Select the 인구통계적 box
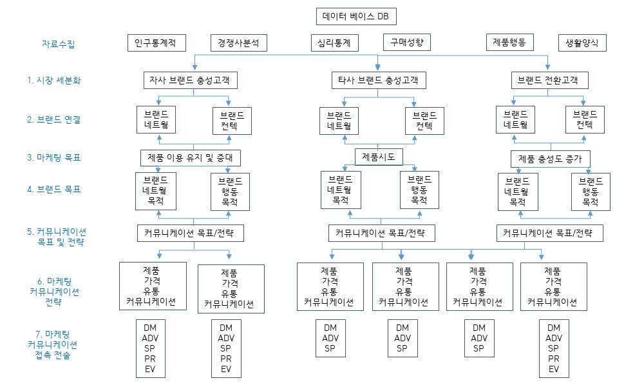point(156,43)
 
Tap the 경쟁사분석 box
point(238,43)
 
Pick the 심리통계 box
point(334,43)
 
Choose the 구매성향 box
point(406,42)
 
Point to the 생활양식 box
point(582,43)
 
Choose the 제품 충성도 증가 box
point(550,158)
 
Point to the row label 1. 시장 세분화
point(54,81)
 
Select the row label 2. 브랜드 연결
point(54,119)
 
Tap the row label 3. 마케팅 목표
point(54,157)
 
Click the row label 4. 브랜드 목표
point(54,190)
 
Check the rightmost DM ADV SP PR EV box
point(554,348)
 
